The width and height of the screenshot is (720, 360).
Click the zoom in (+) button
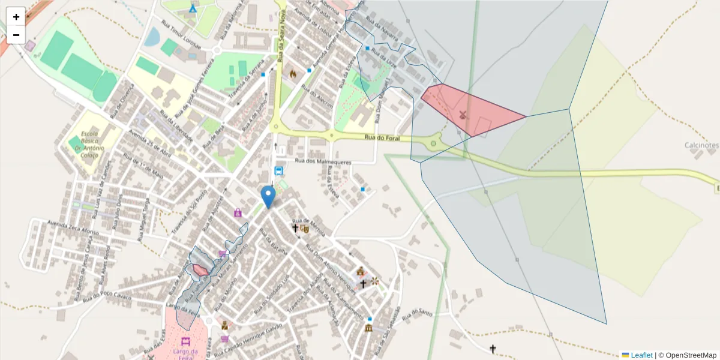click(x=16, y=17)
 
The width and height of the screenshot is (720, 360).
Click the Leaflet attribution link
click(x=641, y=355)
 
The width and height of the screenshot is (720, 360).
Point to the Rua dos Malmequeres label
click(x=323, y=161)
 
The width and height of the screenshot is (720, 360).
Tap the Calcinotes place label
click(x=701, y=145)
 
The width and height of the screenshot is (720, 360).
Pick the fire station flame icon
click(x=293, y=74)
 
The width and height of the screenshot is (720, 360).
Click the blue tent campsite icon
click(x=193, y=9)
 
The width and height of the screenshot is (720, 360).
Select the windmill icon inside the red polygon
click(x=463, y=114)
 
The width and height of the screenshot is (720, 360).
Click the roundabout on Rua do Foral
click(x=433, y=143)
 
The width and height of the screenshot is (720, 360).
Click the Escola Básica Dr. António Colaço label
click(x=93, y=144)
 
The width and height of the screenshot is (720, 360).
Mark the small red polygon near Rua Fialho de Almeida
click(x=200, y=271)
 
